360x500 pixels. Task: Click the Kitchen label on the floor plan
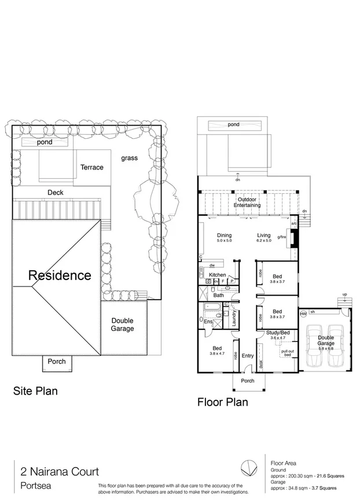point(217,274)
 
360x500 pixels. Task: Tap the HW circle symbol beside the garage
point(303,314)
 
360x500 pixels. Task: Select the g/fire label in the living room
point(282,237)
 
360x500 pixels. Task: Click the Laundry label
point(234,319)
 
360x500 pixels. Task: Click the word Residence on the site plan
point(60,275)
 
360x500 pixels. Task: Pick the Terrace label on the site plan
point(91,167)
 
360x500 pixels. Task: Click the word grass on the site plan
point(130,158)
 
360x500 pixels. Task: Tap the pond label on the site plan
point(45,142)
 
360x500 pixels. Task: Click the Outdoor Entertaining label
point(247,203)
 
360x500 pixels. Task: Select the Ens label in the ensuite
point(208,321)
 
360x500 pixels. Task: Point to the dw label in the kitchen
point(212,265)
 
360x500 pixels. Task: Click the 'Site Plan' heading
point(35,391)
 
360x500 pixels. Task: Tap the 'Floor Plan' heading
point(223,402)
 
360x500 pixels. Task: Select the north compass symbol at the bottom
point(248,466)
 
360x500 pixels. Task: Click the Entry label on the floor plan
point(247,356)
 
